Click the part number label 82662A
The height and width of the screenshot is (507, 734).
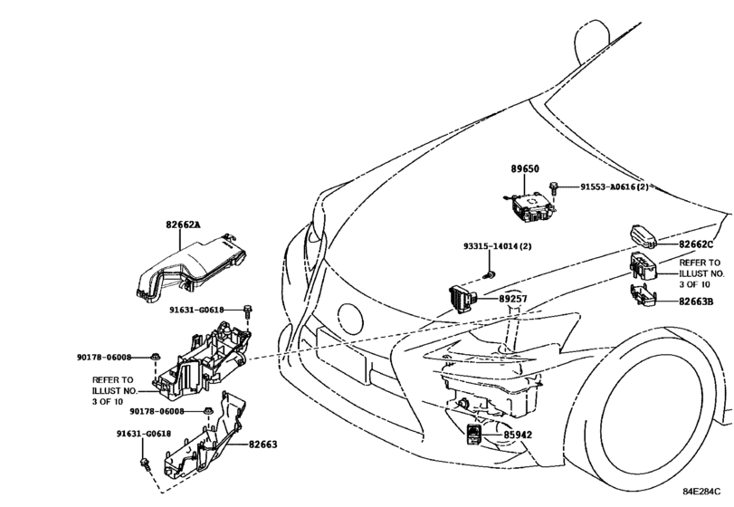pyautogui.click(x=183, y=225)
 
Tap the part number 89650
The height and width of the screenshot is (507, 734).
pyautogui.click(x=524, y=168)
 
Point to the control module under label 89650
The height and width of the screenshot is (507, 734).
pyautogui.click(x=531, y=206)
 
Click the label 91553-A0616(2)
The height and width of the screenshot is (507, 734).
pyautogui.click(x=615, y=187)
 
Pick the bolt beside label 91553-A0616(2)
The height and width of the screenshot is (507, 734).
pyautogui.click(x=554, y=188)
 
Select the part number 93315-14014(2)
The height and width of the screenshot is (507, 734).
pyautogui.click(x=498, y=246)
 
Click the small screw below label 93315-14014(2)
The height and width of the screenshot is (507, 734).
pyautogui.click(x=490, y=275)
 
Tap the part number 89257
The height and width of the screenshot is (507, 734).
pyautogui.click(x=512, y=299)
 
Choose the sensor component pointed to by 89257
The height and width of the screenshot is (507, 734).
pyautogui.click(x=462, y=299)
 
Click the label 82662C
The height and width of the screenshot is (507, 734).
pyautogui.click(x=696, y=244)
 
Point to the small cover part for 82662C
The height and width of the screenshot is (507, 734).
pyautogui.click(x=643, y=236)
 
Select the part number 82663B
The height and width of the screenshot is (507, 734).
pyautogui.click(x=696, y=301)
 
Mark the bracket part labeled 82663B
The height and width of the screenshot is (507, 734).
pyautogui.click(x=643, y=296)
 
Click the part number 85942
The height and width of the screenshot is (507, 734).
pyautogui.click(x=518, y=435)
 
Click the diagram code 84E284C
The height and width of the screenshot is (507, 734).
pyautogui.click(x=701, y=492)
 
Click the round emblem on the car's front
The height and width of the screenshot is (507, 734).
pyautogui.click(x=350, y=320)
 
